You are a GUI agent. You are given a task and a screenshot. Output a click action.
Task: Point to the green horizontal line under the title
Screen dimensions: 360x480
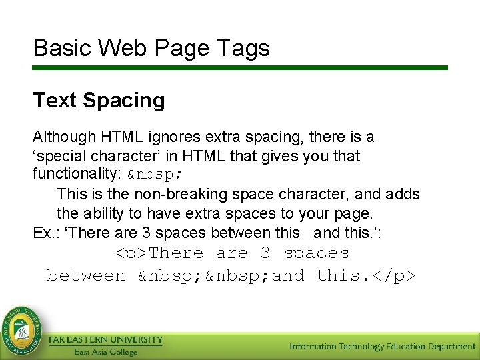coord(240,67)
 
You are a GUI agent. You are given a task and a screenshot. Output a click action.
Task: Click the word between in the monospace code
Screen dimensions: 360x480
coord(86,276)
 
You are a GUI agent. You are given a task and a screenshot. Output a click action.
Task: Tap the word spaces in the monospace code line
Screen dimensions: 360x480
coord(316,254)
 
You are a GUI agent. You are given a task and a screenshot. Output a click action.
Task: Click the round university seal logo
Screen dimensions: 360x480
coord(22,329)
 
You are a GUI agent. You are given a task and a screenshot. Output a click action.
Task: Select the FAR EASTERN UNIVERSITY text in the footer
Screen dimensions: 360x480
coord(105,340)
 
